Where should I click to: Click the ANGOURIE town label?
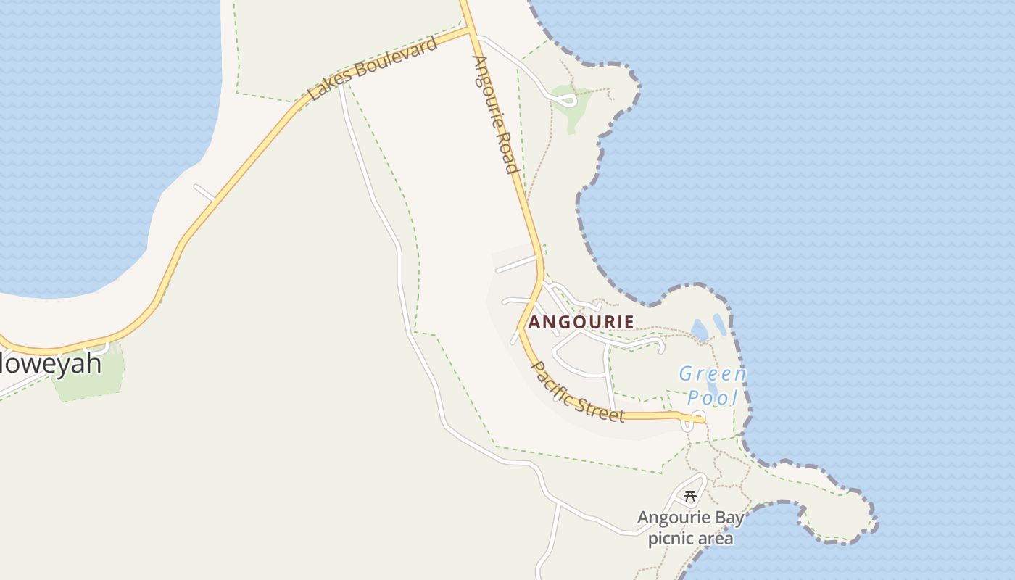click(x=581, y=322)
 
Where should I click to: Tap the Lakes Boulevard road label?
click(x=373, y=69)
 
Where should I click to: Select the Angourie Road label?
click(x=495, y=115)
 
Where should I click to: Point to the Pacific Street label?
click(x=578, y=391)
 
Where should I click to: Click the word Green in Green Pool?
click(x=712, y=374)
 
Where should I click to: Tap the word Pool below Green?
click(x=712, y=397)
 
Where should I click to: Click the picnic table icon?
click(x=690, y=497)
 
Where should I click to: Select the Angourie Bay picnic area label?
click(x=690, y=528)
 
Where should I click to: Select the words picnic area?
click(x=690, y=539)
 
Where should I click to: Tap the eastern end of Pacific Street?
click(x=700, y=418)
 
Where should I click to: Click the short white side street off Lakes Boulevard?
click(x=204, y=192)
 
